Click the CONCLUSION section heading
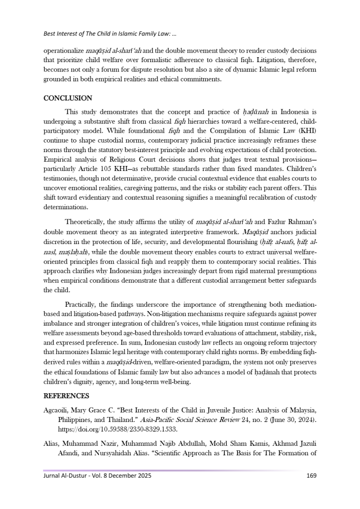(x=68, y=98)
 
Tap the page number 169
(x=311, y=476)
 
